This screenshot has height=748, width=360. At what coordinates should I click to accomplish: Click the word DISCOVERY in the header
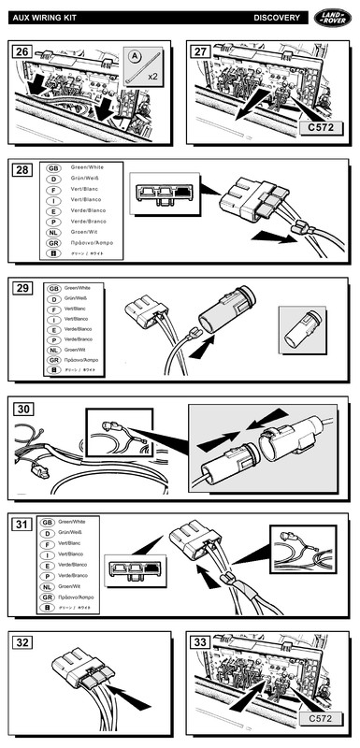(277, 18)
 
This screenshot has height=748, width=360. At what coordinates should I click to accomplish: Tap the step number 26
(22, 52)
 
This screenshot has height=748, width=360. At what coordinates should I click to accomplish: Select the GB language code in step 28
(54, 169)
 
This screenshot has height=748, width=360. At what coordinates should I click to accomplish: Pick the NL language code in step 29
(54, 350)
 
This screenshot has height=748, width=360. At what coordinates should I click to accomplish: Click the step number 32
(22, 642)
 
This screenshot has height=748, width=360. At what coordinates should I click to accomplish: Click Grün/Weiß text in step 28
(87, 179)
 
